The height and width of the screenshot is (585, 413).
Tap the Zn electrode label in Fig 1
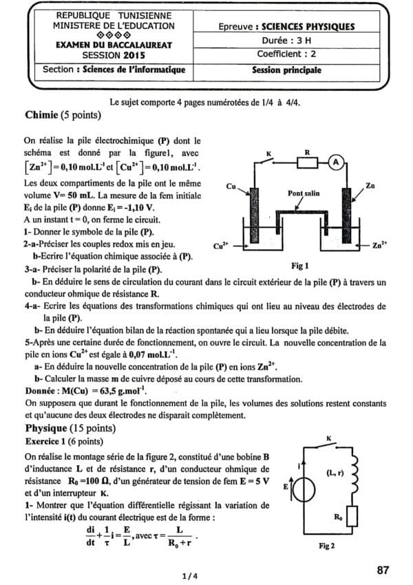[x=371, y=186]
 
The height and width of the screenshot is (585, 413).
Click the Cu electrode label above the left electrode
[x=232, y=187]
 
